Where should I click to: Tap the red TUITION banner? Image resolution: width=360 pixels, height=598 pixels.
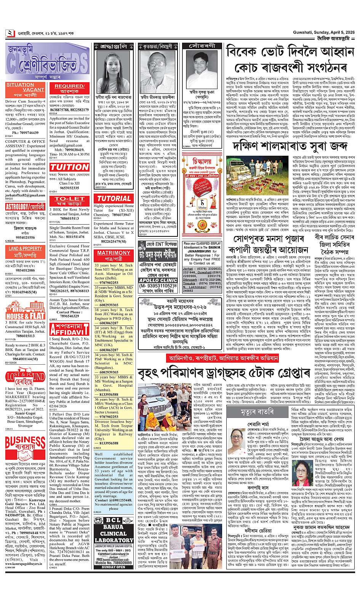point(69,167)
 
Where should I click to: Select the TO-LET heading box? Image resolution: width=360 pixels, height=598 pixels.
point(69,201)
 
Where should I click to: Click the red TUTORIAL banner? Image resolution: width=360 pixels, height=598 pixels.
point(114,198)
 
